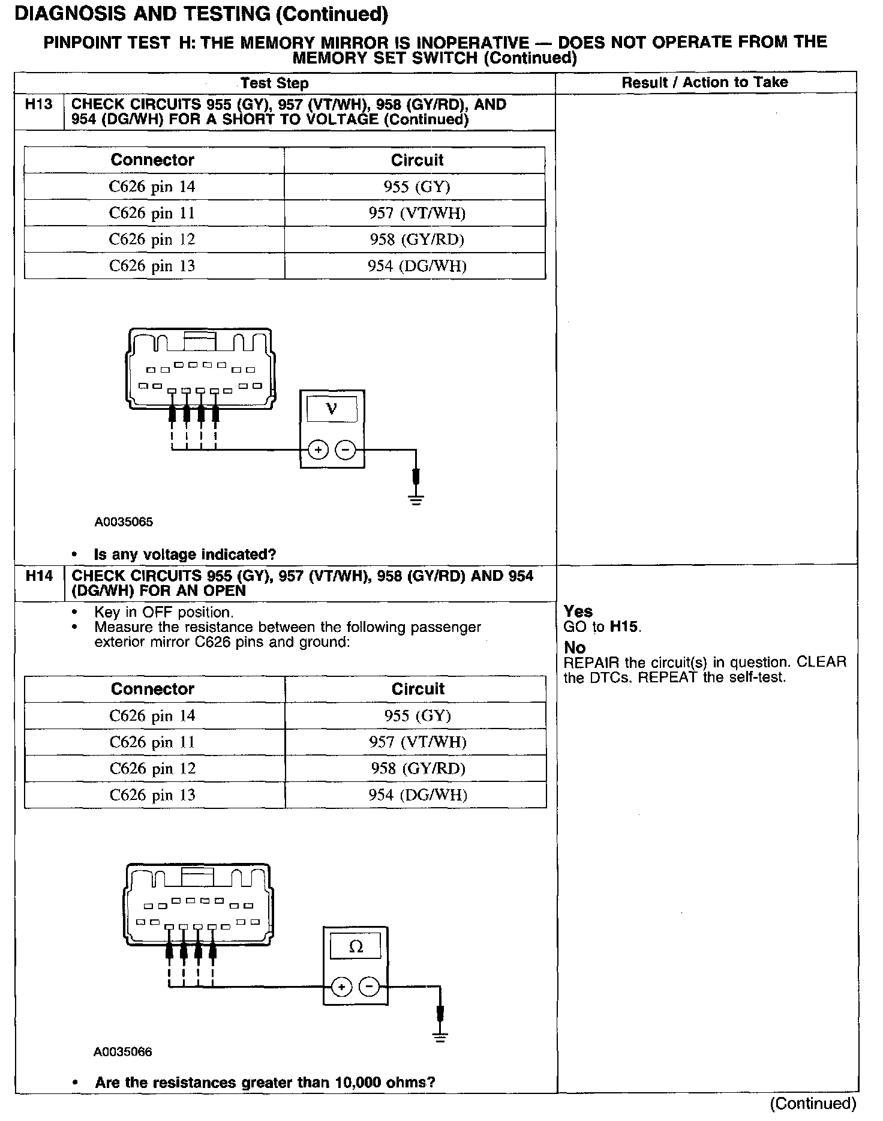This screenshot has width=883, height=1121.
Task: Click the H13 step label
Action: (x=38, y=105)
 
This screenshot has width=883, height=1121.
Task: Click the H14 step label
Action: (x=39, y=577)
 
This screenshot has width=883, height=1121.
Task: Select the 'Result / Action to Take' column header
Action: (x=704, y=83)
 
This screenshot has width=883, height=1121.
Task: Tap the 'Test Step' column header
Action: (x=274, y=83)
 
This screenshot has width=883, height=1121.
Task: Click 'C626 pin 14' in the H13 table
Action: (x=152, y=187)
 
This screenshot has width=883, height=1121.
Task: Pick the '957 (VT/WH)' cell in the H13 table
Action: (x=417, y=213)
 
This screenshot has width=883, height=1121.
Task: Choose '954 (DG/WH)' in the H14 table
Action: (x=418, y=795)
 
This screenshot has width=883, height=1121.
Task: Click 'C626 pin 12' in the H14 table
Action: (x=152, y=769)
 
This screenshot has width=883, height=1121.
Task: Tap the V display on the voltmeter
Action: (x=331, y=410)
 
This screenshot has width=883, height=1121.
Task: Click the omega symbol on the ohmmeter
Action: (x=356, y=947)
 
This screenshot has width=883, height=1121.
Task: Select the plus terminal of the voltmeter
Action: (x=318, y=449)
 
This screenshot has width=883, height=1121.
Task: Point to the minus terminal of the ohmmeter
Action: (x=369, y=987)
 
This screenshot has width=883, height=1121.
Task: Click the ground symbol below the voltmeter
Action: (x=416, y=499)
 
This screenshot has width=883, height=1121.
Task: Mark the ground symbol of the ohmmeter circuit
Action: (x=440, y=1037)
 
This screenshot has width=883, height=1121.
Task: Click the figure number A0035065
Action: (x=124, y=522)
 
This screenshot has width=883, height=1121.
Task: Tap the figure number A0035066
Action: (x=123, y=1052)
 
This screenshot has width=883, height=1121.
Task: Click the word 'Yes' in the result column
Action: (x=578, y=612)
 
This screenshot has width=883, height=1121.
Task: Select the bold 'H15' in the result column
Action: (x=624, y=627)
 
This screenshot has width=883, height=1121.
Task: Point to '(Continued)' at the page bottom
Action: (x=813, y=1103)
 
